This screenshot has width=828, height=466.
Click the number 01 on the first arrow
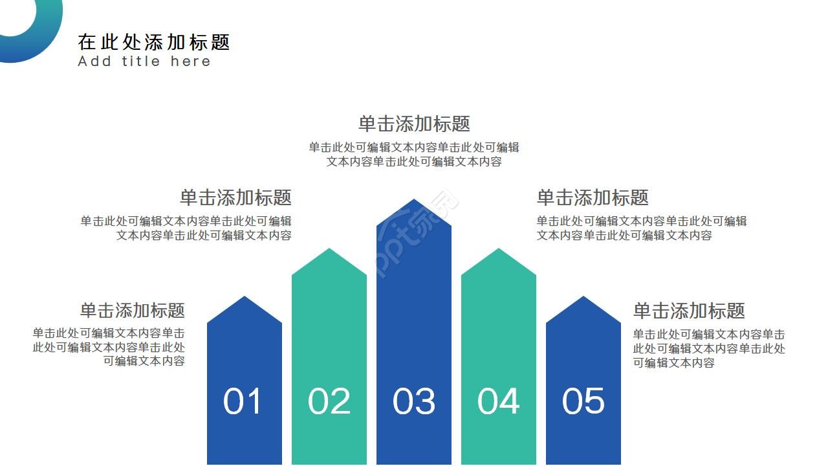tap(243, 401)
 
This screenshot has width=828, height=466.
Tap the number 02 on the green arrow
tap(329, 401)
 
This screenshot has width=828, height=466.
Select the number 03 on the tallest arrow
tap(414, 401)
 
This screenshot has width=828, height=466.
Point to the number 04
tap(499, 401)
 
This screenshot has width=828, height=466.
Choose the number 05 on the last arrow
tap(583, 401)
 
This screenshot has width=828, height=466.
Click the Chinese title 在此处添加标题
tap(154, 42)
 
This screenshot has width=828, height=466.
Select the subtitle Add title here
tap(144, 61)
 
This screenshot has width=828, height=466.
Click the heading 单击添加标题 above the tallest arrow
tap(414, 124)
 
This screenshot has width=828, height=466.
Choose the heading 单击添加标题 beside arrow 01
tap(133, 310)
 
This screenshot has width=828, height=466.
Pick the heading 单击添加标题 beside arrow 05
tap(689, 311)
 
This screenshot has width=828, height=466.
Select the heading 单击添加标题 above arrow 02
tap(235, 197)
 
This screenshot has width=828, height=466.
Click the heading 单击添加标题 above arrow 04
tap(593, 197)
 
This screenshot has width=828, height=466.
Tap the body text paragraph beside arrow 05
tap(709, 349)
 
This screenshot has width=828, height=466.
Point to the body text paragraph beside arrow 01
tap(109, 348)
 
